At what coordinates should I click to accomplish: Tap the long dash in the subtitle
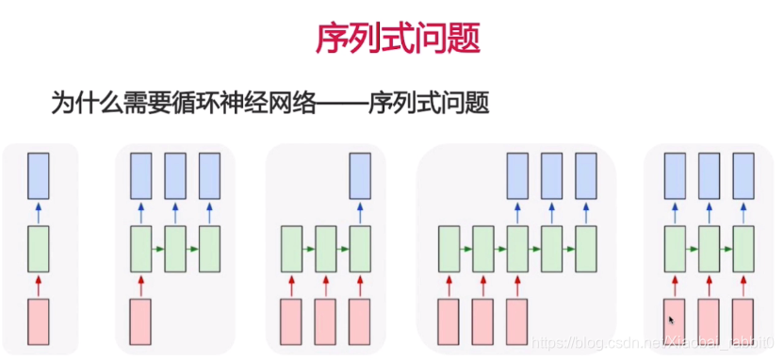(x=337, y=103)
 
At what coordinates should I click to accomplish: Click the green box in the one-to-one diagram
(x=38, y=248)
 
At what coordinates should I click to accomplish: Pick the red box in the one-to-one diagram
(x=38, y=321)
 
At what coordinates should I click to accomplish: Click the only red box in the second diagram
(x=140, y=321)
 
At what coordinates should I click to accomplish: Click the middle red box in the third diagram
(x=326, y=321)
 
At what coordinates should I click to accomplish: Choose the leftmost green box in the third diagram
(x=292, y=248)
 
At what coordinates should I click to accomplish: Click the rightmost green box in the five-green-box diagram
(x=586, y=248)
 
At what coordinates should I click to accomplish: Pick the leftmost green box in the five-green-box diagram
(x=449, y=248)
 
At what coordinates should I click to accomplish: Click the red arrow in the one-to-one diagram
(x=38, y=284)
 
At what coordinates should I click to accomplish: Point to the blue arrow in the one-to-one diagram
(x=38, y=211)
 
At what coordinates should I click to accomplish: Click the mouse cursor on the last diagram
(x=672, y=321)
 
